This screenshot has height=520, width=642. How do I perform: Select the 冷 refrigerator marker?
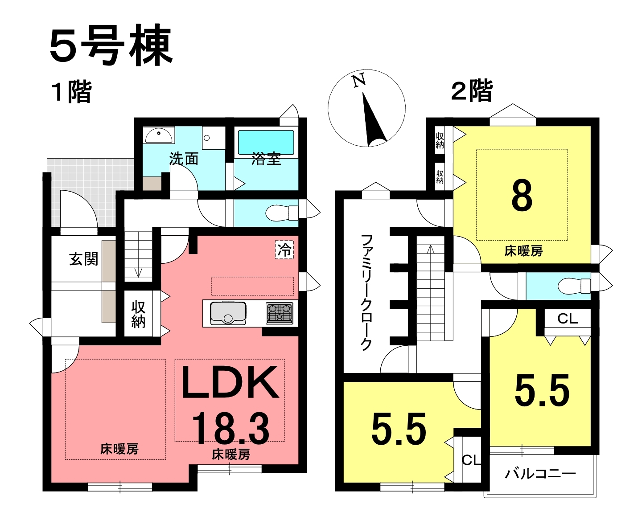pos(284,250)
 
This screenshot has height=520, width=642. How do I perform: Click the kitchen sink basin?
pos(228,313)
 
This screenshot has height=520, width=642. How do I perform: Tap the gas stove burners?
pos(280,313)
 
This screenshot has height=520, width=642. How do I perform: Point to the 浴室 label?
pos(266,159)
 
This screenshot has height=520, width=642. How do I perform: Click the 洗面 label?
pos(184,159)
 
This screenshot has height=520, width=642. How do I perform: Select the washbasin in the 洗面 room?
pos(159,135)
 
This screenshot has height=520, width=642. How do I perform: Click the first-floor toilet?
pos(281,213)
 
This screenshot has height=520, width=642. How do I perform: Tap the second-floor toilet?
pos(574,286)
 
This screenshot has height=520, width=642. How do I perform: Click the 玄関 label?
pos(83,259)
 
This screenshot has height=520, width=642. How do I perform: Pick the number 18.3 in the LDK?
pos(230,429)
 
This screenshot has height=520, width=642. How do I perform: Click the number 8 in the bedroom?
pos(522,196)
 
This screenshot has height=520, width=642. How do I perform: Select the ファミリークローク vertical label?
pos(366,293)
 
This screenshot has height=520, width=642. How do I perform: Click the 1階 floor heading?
pos(71,92)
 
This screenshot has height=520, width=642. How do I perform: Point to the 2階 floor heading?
pos(472,90)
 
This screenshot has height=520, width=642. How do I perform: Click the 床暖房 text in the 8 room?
pos(523,251)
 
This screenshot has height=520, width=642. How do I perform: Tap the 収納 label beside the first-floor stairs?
pos(138,314)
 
